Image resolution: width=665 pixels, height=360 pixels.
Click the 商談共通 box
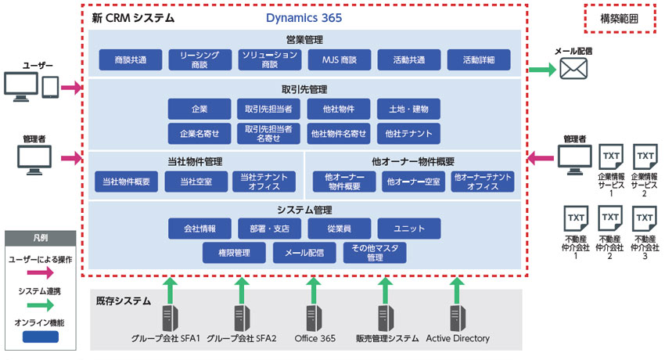coord(131,59)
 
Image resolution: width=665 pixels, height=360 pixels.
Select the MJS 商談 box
coord(339,59)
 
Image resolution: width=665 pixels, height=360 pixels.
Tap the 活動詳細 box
coord(479,59)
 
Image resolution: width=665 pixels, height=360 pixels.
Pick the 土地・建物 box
coord(408,108)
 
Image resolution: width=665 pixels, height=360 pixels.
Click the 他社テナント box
coord(408,133)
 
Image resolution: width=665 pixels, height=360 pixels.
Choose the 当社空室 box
coord(197,182)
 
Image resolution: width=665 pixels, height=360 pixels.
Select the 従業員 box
coord(339,229)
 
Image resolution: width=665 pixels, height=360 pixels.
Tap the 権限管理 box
coord(234,253)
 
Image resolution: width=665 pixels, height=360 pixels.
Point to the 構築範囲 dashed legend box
coord(619,17)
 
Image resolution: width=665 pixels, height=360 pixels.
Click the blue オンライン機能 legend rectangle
coord(41,337)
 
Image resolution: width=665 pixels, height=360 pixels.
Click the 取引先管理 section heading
coord(304,89)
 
